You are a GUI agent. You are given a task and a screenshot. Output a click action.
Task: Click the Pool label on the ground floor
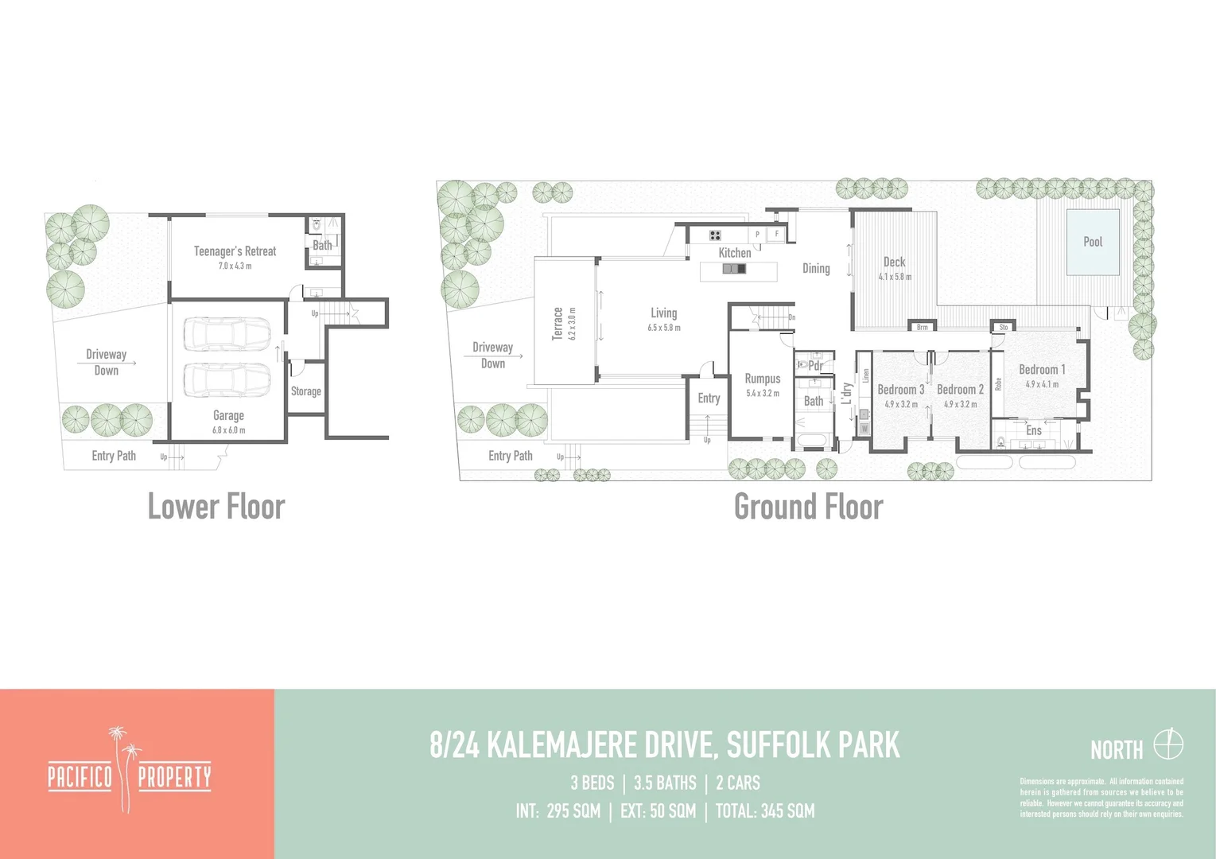click(1093, 242)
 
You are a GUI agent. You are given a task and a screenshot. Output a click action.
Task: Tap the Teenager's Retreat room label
click(235, 251)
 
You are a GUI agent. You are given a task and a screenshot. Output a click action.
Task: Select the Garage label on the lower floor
click(228, 415)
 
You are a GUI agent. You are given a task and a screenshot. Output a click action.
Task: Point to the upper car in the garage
click(227, 334)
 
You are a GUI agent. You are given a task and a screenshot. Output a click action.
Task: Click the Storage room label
click(305, 391)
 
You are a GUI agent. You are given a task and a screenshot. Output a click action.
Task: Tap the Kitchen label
click(734, 253)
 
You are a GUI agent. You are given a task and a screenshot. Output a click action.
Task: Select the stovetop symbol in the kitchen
click(715, 235)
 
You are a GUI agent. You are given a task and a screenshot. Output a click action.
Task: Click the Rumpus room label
click(762, 379)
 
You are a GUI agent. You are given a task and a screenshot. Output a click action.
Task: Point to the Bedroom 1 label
click(1042, 370)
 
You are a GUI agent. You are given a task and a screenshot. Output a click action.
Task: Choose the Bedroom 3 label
click(900, 390)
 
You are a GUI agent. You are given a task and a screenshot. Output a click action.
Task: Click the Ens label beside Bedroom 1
click(1033, 430)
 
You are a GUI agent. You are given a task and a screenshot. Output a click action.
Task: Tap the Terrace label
click(557, 324)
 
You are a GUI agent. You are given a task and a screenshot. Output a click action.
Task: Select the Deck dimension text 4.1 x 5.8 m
click(895, 277)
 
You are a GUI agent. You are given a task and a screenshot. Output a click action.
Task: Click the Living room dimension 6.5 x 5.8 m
click(663, 328)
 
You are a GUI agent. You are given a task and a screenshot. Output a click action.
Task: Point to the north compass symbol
click(1168, 745)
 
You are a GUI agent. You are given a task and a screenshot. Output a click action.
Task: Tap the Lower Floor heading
click(216, 507)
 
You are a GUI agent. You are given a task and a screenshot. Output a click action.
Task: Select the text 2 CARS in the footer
click(737, 783)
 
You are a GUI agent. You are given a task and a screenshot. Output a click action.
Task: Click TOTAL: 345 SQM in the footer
click(764, 811)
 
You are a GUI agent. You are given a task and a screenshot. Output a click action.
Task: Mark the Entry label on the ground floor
click(709, 398)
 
